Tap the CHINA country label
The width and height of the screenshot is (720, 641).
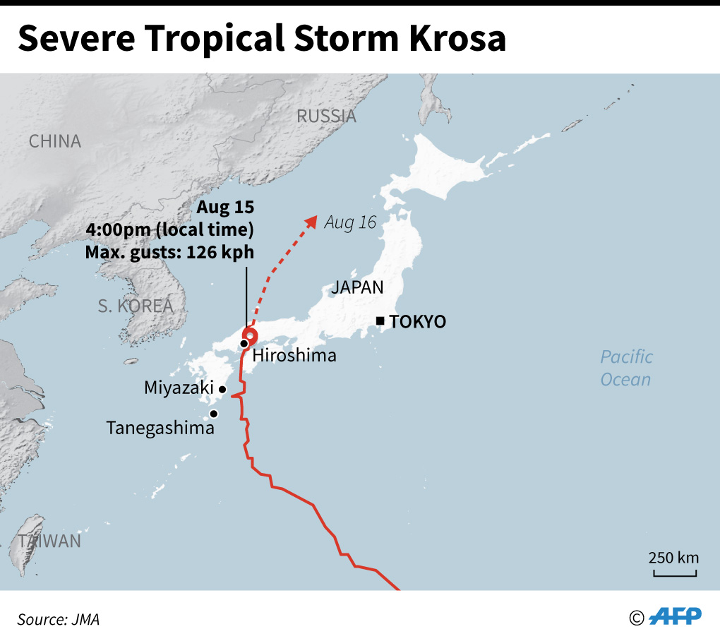click(x=55, y=141)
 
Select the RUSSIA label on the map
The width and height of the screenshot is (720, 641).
click(x=326, y=116)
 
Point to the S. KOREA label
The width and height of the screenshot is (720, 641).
click(x=135, y=306)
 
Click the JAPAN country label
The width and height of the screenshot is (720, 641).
click(x=358, y=287)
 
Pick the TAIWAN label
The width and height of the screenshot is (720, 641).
click(x=50, y=541)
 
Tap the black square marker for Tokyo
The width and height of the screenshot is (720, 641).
click(x=380, y=321)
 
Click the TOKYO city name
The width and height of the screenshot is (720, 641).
click(x=418, y=322)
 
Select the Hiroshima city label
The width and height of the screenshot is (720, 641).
click(x=294, y=355)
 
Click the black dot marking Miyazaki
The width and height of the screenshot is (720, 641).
click(x=222, y=389)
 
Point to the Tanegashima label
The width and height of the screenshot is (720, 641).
click(x=160, y=428)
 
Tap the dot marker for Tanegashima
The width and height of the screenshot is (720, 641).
click(x=213, y=414)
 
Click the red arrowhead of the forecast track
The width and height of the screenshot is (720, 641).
click(x=311, y=222)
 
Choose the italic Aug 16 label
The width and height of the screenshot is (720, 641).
click(x=350, y=222)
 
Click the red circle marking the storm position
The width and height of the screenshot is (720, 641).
click(x=249, y=335)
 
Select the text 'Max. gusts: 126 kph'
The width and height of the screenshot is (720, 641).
click(x=169, y=252)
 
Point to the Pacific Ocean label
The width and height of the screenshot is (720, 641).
click(x=626, y=368)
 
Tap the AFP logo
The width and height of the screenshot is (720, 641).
click(x=675, y=616)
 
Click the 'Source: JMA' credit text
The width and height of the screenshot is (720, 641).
click(x=59, y=620)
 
